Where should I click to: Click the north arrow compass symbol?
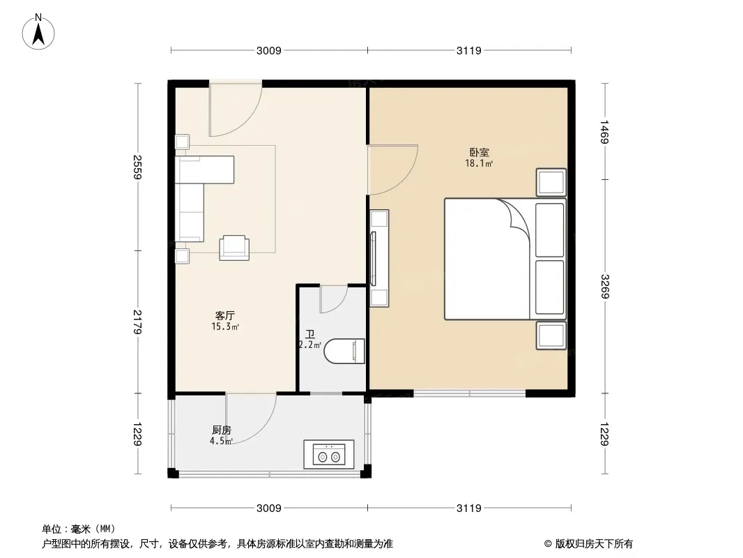[x=38, y=32]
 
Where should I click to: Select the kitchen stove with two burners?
[x=329, y=454]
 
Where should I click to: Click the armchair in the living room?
[x=234, y=248]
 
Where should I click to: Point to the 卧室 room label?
[x=479, y=152]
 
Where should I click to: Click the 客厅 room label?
[x=225, y=315]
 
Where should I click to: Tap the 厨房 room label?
[x=221, y=430]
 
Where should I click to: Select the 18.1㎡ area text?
[x=479, y=163]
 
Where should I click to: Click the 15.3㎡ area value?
[x=225, y=326]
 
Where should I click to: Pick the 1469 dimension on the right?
[x=604, y=131]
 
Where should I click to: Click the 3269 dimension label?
[x=604, y=287]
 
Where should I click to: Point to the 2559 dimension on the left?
[x=137, y=167]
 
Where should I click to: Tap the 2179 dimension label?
[x=137, y=322]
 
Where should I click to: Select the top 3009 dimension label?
[x=268, y=50]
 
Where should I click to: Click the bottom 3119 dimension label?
[x=468, y=508]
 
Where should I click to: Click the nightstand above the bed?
[x=551, y=182]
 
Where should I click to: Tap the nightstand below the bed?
[x=551, y=335]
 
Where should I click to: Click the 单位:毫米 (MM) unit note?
[x=79, y=529]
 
